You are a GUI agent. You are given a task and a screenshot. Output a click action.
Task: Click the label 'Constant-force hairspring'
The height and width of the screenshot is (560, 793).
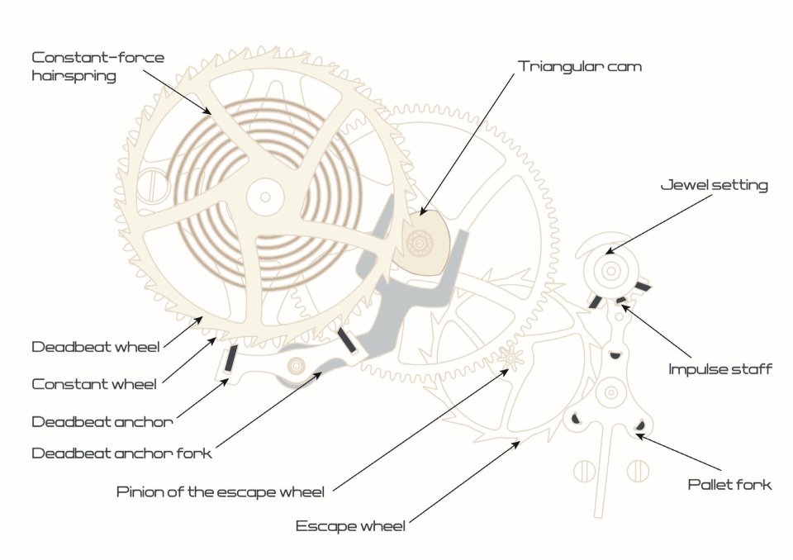click(x=97, y=66)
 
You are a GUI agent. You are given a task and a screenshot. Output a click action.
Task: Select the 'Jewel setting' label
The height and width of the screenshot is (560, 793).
click(x=714, y=185)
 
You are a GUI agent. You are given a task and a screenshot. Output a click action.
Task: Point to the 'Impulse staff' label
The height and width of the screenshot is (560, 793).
click(x=720, y=369)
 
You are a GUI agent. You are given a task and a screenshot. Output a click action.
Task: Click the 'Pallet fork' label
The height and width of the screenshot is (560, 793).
click(x=729, y=484)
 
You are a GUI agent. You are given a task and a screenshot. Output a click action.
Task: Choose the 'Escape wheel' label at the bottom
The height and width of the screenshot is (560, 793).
click(x=350, y=526)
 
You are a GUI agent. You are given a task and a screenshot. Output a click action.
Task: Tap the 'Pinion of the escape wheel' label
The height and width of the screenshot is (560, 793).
click(x=221, y=493)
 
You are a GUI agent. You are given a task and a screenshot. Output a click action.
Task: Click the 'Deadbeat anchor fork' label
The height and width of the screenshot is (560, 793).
click(x=121, y=453)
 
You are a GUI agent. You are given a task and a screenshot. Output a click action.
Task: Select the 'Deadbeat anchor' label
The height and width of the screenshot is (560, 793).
click(x=102, y=421)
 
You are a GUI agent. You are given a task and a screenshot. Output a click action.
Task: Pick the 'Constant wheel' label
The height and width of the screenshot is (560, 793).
click(x=94, y=384)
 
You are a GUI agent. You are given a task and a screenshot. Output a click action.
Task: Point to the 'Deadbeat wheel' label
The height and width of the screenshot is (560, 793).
click(x=96, y=347)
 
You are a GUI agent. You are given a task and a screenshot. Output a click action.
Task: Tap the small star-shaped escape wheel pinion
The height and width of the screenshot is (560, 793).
click(x=508, y=358)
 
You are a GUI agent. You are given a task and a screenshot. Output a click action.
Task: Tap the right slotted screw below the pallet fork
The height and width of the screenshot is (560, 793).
click(x=637, y=472)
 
